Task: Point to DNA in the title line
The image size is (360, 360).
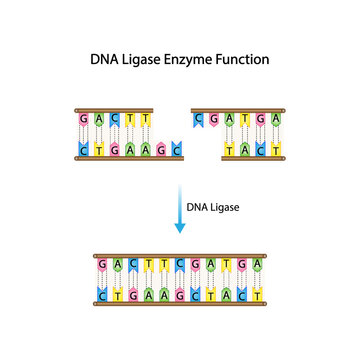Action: (x=104, y=60)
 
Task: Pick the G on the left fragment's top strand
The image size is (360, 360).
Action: (x=82, y=120)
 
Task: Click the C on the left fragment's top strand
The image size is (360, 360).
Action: (x=112, y=120)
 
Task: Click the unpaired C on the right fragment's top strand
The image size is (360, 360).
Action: (x=201, y=120)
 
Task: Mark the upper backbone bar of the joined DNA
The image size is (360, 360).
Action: (x=179, y=256)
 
